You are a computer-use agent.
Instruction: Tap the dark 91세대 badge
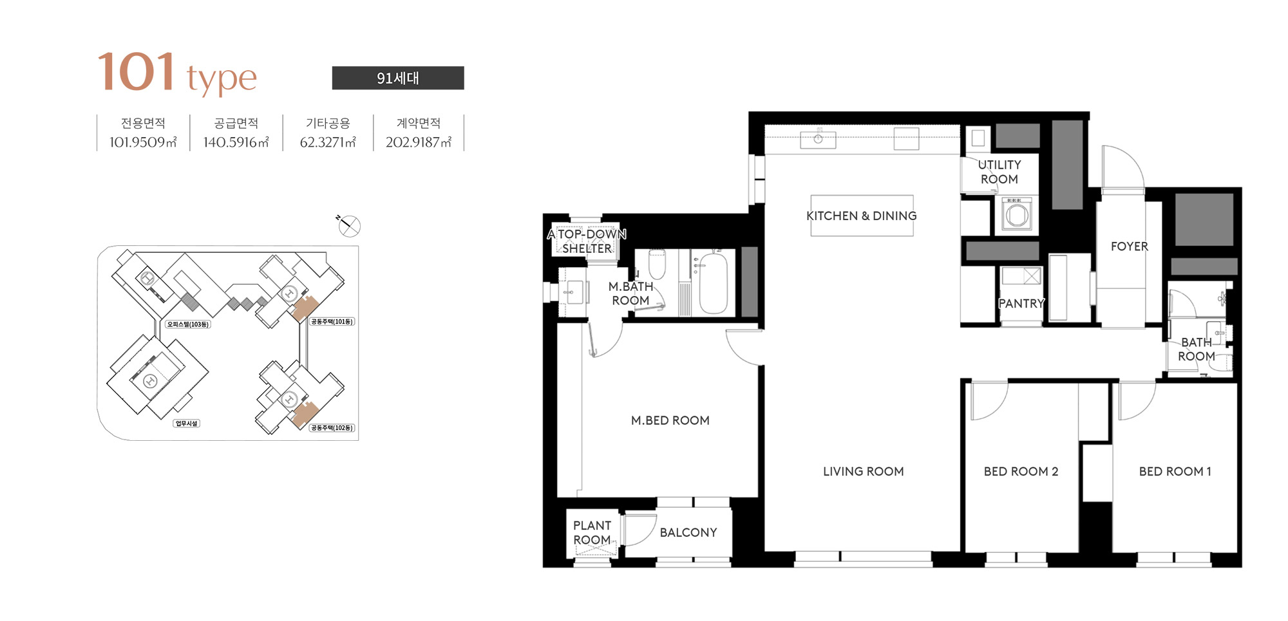tap(398, 78)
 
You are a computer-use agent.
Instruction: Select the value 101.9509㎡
tap(143, 142)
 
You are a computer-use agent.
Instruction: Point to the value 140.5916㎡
tap(236, 142)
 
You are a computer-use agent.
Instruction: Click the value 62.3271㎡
tap(328, 142)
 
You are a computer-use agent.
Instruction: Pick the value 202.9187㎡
tap(419, 142)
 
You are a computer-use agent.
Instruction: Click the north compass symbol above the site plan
tap(348, 225)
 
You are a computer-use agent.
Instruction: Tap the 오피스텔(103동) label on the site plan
tap(188, 324)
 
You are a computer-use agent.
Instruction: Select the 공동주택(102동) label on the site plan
tap(332, 428)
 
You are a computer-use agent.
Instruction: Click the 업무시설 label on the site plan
tap(187, 423)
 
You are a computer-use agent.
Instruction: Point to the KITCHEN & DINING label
tap(862, 216)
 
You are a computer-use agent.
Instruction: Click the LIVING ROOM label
tap(864, 471)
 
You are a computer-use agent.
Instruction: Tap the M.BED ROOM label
tap(670, 420)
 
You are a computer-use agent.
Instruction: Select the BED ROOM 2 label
tap(1021, 471)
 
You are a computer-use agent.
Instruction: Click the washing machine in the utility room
tap(1017, 214)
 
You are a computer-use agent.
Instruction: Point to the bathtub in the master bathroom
tap(714, 283)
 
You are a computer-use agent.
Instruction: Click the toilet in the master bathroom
tap(657, 264)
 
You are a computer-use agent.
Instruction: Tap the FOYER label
tap(1130, 246)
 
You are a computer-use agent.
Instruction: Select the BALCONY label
tap(688, 532)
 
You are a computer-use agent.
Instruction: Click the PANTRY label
tap(1021, 303)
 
